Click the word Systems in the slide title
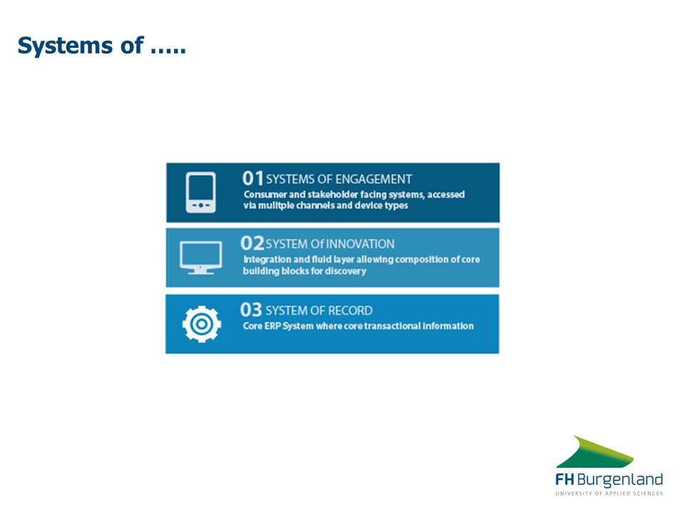pyautogui.click(x=65, y=46)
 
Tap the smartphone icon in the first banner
pyautogui.click(x=201, y=192)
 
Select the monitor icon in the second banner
pyautogui.click(x=201, y=258)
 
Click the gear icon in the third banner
pyautogui.click(x=201, y=324)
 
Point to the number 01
pyautogui.click(x=253, y=178)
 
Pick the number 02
pyautogui.click(x=252, y=243)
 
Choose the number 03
pyautogui.click(x=250, y=310)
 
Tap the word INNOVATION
pyautogui.click(x=360, y=244)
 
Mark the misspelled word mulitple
pyautogui.click(x=275, y=206)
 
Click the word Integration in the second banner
pyautogui.click(x=268, y=260)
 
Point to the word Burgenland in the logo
pyautogui.click(x=620, y=480)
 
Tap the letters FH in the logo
pyautogui.click(x=565, y=480)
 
